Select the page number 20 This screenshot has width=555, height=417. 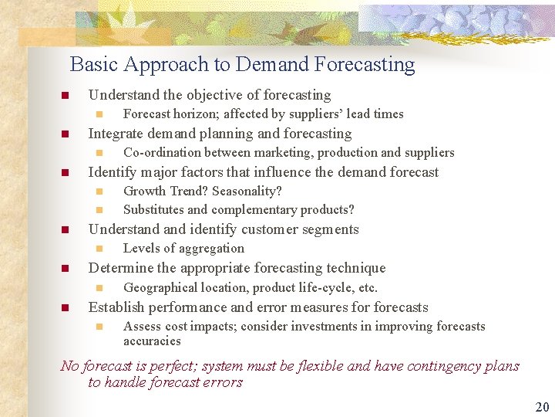pos(542,407)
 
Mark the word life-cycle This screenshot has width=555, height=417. pos(313,288)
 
